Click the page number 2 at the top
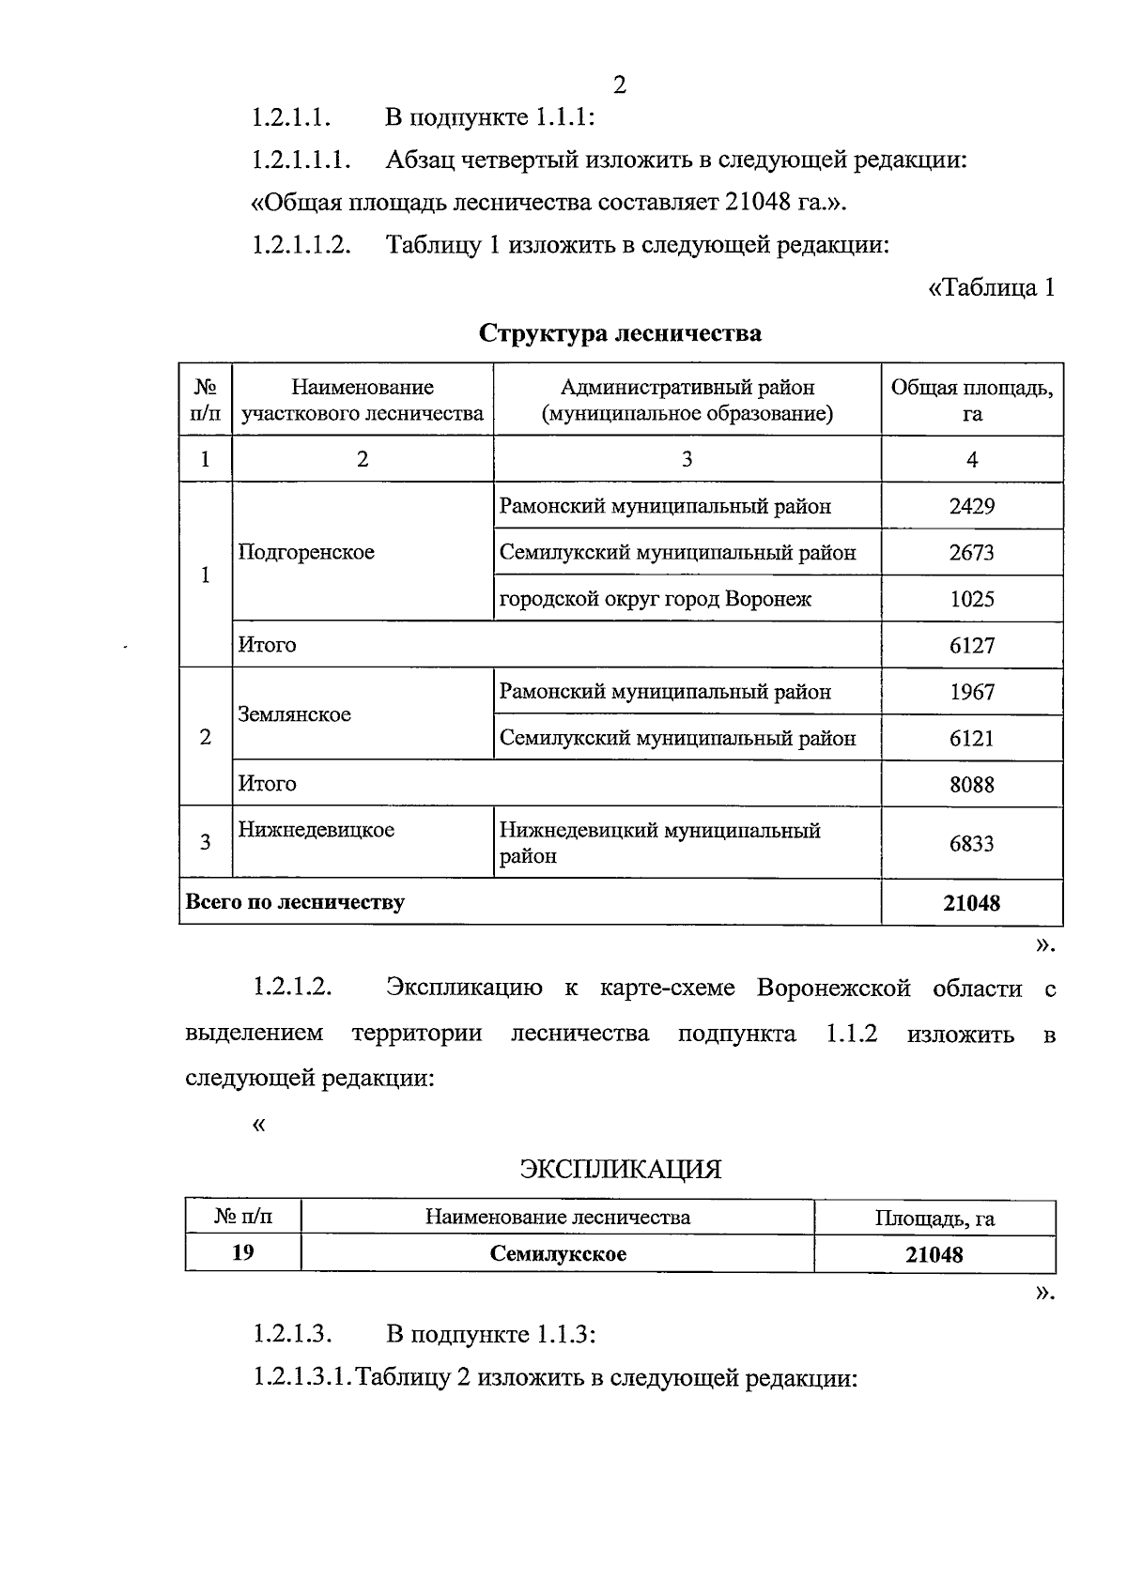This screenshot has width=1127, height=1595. [x=619, y=85]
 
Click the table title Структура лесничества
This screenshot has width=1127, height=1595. [x=620, y=333]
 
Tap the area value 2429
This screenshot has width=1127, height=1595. [x=971, y=507]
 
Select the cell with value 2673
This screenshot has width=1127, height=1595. [x=971, y=553]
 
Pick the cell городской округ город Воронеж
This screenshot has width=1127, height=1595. [x=655, y=599]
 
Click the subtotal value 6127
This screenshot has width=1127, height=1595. [x=971, y=646]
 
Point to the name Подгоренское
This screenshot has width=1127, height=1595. [x=306, y=552]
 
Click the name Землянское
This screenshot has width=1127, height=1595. [x=294, y=714]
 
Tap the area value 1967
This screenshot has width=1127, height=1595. [x=971, y=693]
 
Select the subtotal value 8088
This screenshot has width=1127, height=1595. [x=971, y=785]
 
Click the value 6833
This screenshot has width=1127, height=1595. [x=971, y=844]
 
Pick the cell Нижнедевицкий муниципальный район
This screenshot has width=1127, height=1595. [x=659, y=843]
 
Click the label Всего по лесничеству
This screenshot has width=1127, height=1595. [x=295, y=903]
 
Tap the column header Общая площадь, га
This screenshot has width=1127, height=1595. [x=971, y=401]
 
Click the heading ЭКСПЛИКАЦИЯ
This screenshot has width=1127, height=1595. [x=620, y=1170]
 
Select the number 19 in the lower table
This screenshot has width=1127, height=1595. [x=242, y=1253]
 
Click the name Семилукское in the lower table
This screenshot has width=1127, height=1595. [x=558, y=1254]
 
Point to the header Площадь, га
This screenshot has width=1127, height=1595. [x=934, y=1219]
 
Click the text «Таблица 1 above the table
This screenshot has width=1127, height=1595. [x=991, y=288]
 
